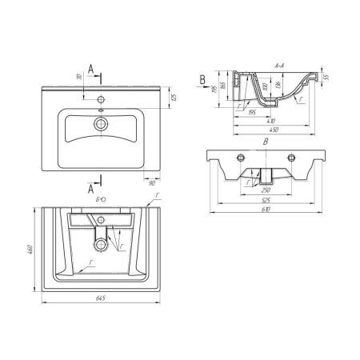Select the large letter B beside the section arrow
click(x=203, y=78)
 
